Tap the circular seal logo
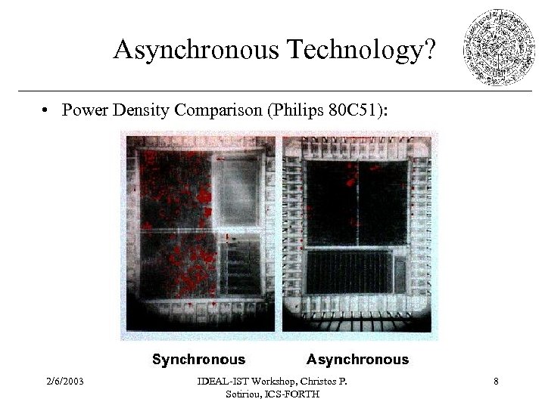[x=498, y=47]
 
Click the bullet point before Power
[x=47, y=111]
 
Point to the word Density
[x=142, y=110]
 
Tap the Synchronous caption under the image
[x=199, y=360]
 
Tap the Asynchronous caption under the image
[x=357, y=360]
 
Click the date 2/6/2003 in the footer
[x=64, y=382]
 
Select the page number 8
[x=495, y=382]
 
